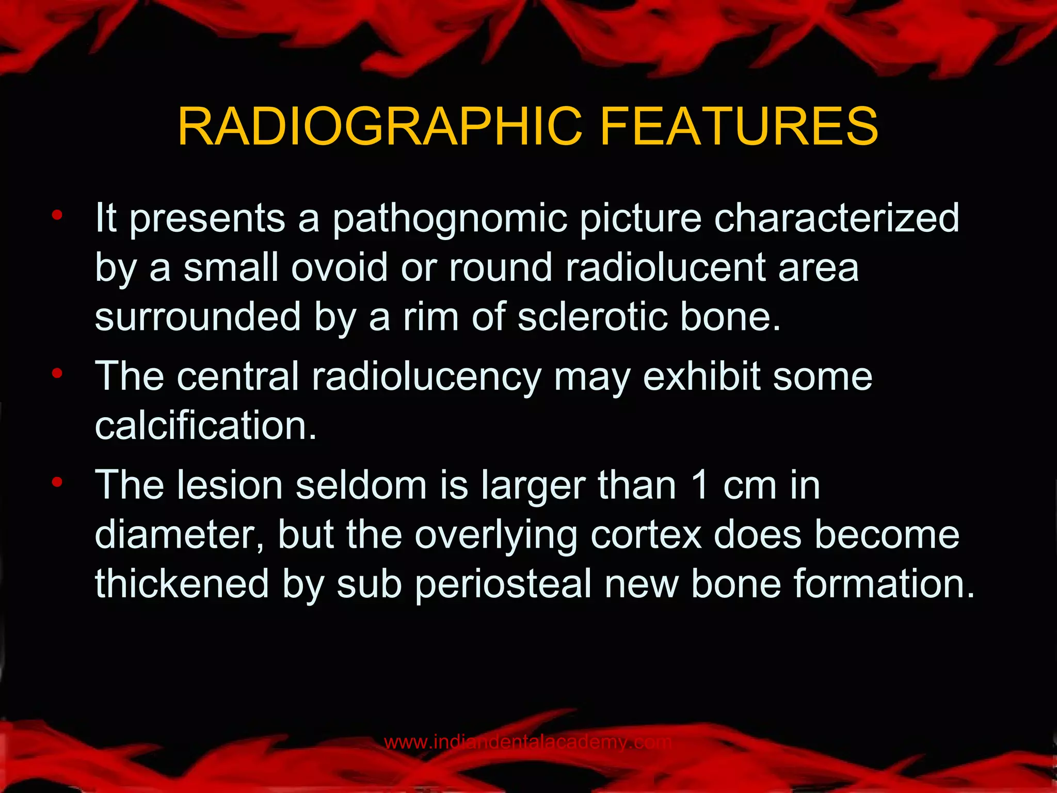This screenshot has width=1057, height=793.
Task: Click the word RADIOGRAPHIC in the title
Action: [x=380, y=127]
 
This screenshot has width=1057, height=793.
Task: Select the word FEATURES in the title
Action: [x=739, y=127]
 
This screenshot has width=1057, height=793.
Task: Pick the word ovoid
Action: [x=339, y=267]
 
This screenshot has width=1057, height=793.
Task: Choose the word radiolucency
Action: [x=426, y=377]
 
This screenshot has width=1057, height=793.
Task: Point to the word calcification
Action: [x=205, y=426]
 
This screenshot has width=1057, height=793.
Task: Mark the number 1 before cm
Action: [x=699, y=485]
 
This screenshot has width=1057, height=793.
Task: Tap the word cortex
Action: [x=646, y=535]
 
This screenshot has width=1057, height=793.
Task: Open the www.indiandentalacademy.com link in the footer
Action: [x=527, y=742]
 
